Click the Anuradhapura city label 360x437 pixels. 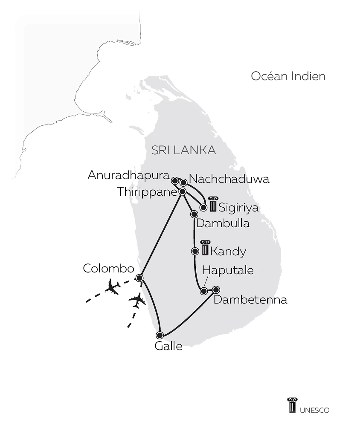128,175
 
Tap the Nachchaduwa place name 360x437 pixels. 229,179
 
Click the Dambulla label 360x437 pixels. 222,223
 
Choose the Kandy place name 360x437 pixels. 228,252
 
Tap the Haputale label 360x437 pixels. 228,270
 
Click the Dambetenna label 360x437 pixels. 250,300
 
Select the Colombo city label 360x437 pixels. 108,268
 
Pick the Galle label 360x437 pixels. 168,346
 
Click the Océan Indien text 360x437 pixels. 288,76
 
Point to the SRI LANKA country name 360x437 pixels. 184,150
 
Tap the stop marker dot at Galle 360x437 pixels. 160,335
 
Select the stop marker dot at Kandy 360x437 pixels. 195,251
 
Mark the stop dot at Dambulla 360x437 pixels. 195,214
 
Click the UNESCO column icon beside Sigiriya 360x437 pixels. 212,203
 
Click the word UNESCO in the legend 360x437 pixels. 314,410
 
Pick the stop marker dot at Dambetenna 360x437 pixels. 216,289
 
